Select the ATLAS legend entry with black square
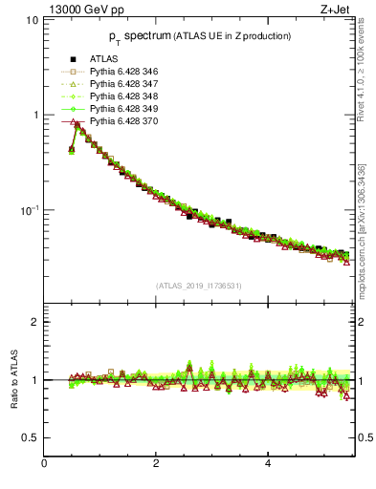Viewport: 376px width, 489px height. pyautogui.click(x=102, y=60)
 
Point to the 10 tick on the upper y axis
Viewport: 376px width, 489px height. pyautogui.click(x=31, y=20)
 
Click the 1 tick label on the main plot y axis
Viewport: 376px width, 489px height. pyautogui.click(x=35, y=115)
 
